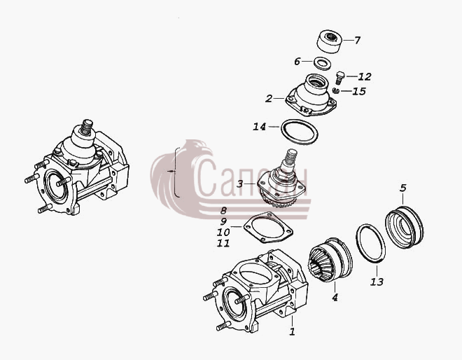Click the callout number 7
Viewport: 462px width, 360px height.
click(357, 40)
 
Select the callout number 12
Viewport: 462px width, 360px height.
click(365, 76)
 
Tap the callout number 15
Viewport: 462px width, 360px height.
click(359, 91)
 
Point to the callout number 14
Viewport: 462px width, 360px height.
click(259, 127)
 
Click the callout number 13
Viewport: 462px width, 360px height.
click(377, 282)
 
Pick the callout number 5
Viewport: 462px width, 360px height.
click(403, 188)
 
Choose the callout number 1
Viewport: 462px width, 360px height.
click(292, 331)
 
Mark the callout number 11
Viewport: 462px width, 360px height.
click(223, 244)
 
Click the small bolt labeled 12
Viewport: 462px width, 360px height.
click(340, 77)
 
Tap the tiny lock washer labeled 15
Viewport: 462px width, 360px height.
click(335, 90)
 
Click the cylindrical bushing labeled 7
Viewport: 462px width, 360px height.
click(330, 41)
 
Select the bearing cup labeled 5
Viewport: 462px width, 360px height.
click(405, 227)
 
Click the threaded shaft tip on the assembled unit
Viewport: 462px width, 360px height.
click(87, 126)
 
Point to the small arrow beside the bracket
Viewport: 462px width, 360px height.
click(171, 171)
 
